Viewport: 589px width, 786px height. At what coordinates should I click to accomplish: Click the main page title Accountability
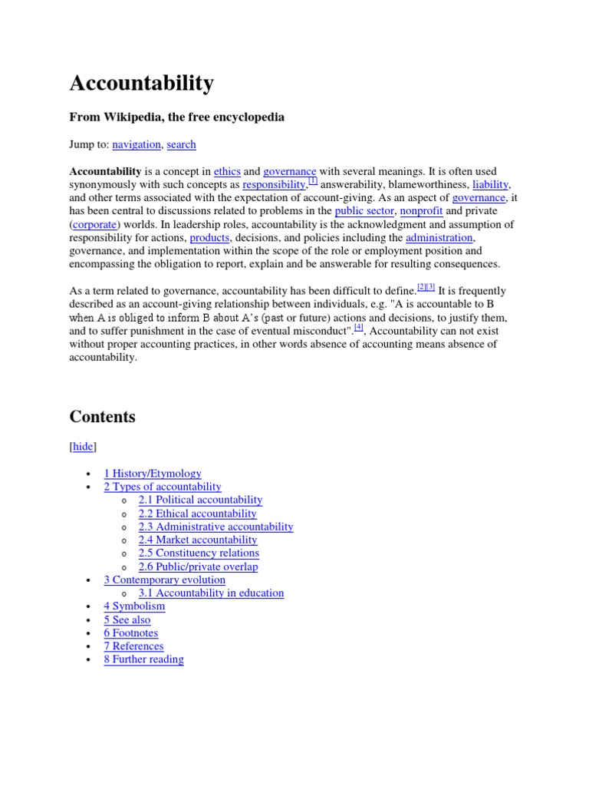coord(142,84)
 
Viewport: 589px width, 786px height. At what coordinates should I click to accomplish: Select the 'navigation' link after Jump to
coord(137,144)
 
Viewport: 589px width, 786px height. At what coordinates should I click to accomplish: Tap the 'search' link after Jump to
coord(181,144)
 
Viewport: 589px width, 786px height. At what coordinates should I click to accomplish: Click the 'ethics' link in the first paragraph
coord(227,172)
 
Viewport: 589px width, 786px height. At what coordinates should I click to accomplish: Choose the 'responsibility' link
coord(274,185)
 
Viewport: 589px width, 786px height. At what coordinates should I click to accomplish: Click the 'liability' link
coord(491,185)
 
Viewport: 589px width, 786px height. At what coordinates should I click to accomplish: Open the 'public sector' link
coord(364,211)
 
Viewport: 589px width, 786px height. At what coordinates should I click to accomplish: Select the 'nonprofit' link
coord(421,211)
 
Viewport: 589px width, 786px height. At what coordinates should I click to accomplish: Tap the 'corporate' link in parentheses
coord(95,225)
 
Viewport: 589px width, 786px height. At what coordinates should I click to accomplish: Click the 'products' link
coord(209,238)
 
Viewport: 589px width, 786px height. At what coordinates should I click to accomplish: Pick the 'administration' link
coord(439,238)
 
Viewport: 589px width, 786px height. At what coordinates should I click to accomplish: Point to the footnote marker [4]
coord(358,327)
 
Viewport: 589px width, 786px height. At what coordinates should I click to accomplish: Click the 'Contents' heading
coord(102,417)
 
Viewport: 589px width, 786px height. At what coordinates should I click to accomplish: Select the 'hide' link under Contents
coord(84,447)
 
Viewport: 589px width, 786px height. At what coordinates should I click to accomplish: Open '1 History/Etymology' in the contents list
coord(153,474)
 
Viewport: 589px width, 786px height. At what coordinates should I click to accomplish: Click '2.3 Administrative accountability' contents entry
coord(216,527)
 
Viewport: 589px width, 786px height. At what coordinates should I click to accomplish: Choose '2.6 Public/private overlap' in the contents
coord(198,566)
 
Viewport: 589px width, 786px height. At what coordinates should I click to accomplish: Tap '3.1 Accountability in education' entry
coord(211,593)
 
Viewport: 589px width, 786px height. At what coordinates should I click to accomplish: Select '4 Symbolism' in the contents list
coord(134,606)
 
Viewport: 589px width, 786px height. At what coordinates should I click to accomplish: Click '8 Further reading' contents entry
coord(143,659)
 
